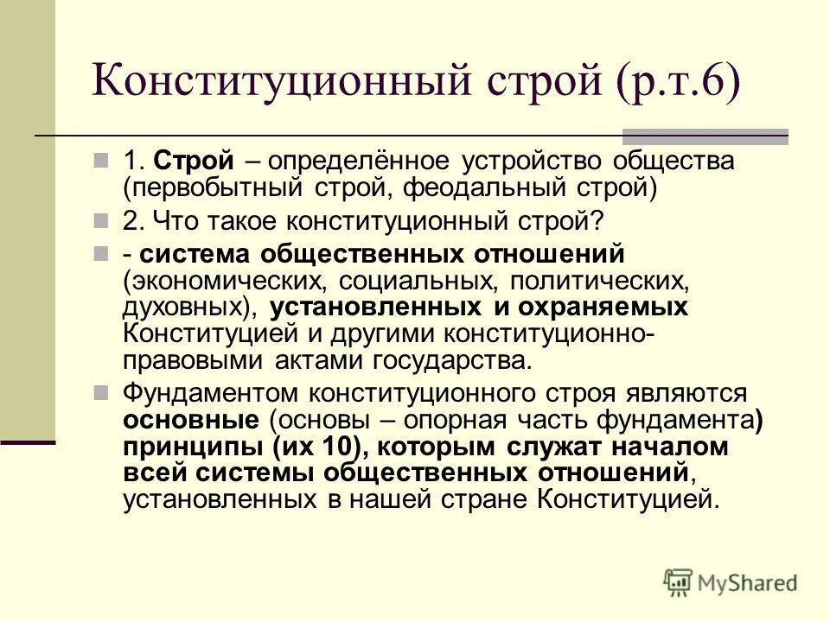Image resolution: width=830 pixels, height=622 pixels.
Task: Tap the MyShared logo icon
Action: [679, 581]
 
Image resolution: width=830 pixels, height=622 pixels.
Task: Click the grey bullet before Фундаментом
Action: [102, 394]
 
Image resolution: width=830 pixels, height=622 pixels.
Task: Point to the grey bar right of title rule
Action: [705, 136]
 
